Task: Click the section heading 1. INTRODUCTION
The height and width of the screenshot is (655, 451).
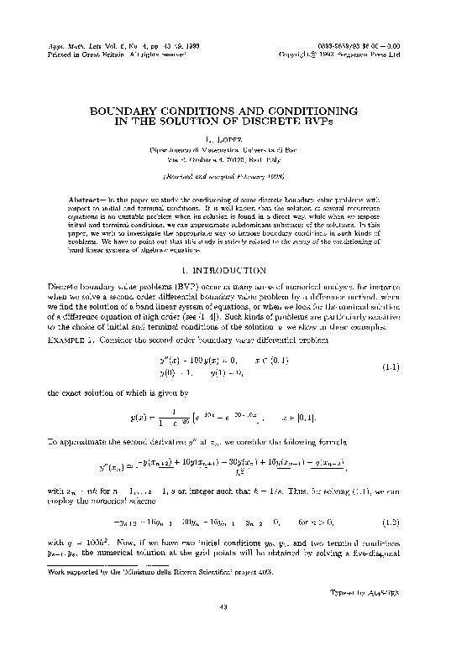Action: click(224, 271)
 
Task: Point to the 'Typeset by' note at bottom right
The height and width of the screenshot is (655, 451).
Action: click(378, 615)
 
